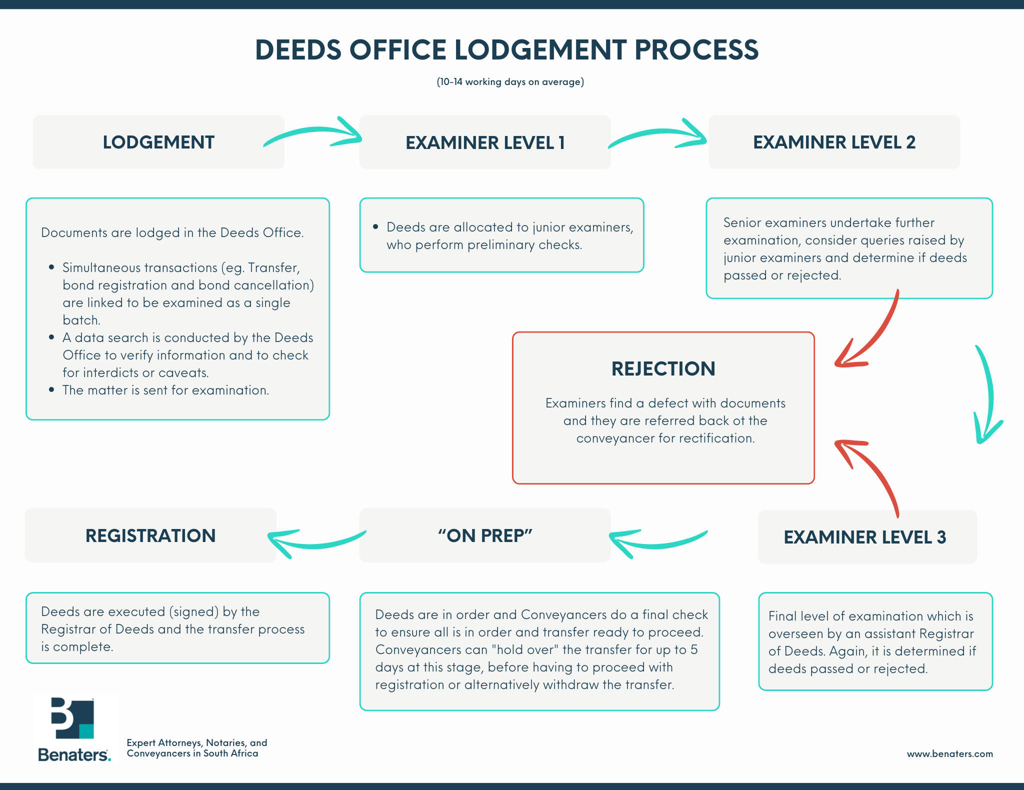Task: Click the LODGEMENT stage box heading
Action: coord(158,142)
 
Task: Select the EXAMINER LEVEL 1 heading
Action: coord(484,143)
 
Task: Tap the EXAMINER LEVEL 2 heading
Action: coord(834,142)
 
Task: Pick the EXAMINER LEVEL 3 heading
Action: coord(864,537)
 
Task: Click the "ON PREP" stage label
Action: coord(484,535)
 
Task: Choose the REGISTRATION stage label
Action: coord(150,535)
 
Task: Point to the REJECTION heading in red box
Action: coord(663,369)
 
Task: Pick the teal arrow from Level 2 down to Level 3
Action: coord(987,395)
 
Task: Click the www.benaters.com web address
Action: coord(949,753)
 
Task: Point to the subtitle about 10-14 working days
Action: coord(510,82)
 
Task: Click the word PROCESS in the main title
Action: coord(696,50)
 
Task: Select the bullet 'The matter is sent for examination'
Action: coord(165,390)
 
